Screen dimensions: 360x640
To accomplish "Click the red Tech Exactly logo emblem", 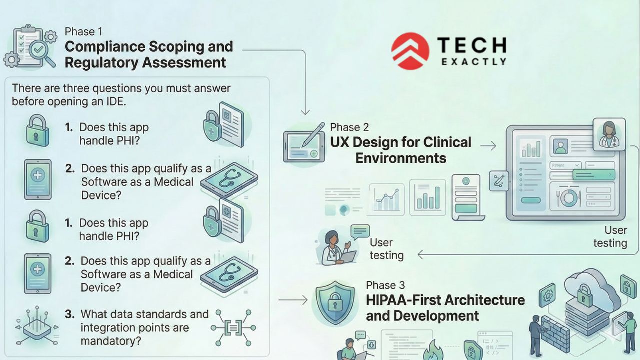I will pyautogui.click(x=410, y=51).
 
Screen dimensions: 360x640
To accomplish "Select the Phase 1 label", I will pyautogui.click(x=83, y=32).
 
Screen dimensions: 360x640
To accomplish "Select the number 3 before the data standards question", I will pyautogui.click(x=70, y=314).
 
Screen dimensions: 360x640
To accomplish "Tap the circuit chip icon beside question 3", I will pyautogui.click(x=31, y=328).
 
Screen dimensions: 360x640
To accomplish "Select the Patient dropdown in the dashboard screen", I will pyautogui.click(x=565, y=165).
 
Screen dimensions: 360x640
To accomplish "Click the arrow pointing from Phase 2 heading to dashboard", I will pyautogui.click(x=488, y=146).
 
